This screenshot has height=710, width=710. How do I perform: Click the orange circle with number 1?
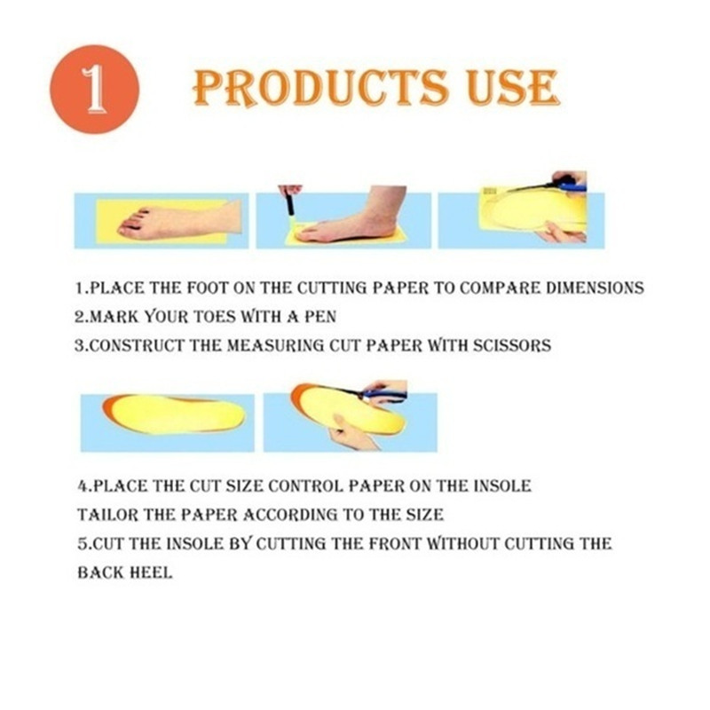(x=94, y=89)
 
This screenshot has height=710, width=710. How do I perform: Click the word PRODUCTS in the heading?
(x=320, y=88)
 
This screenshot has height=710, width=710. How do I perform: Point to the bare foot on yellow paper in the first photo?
(x=180, y=220)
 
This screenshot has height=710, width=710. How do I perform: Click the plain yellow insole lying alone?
(x=174, y=414)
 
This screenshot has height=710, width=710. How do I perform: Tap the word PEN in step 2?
(x=319, y=317)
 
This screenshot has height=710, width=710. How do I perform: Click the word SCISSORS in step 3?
(x=512, y=345)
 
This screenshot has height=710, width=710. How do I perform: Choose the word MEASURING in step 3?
(x=275, y=345)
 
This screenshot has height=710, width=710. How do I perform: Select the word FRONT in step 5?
(x=394, y=544)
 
